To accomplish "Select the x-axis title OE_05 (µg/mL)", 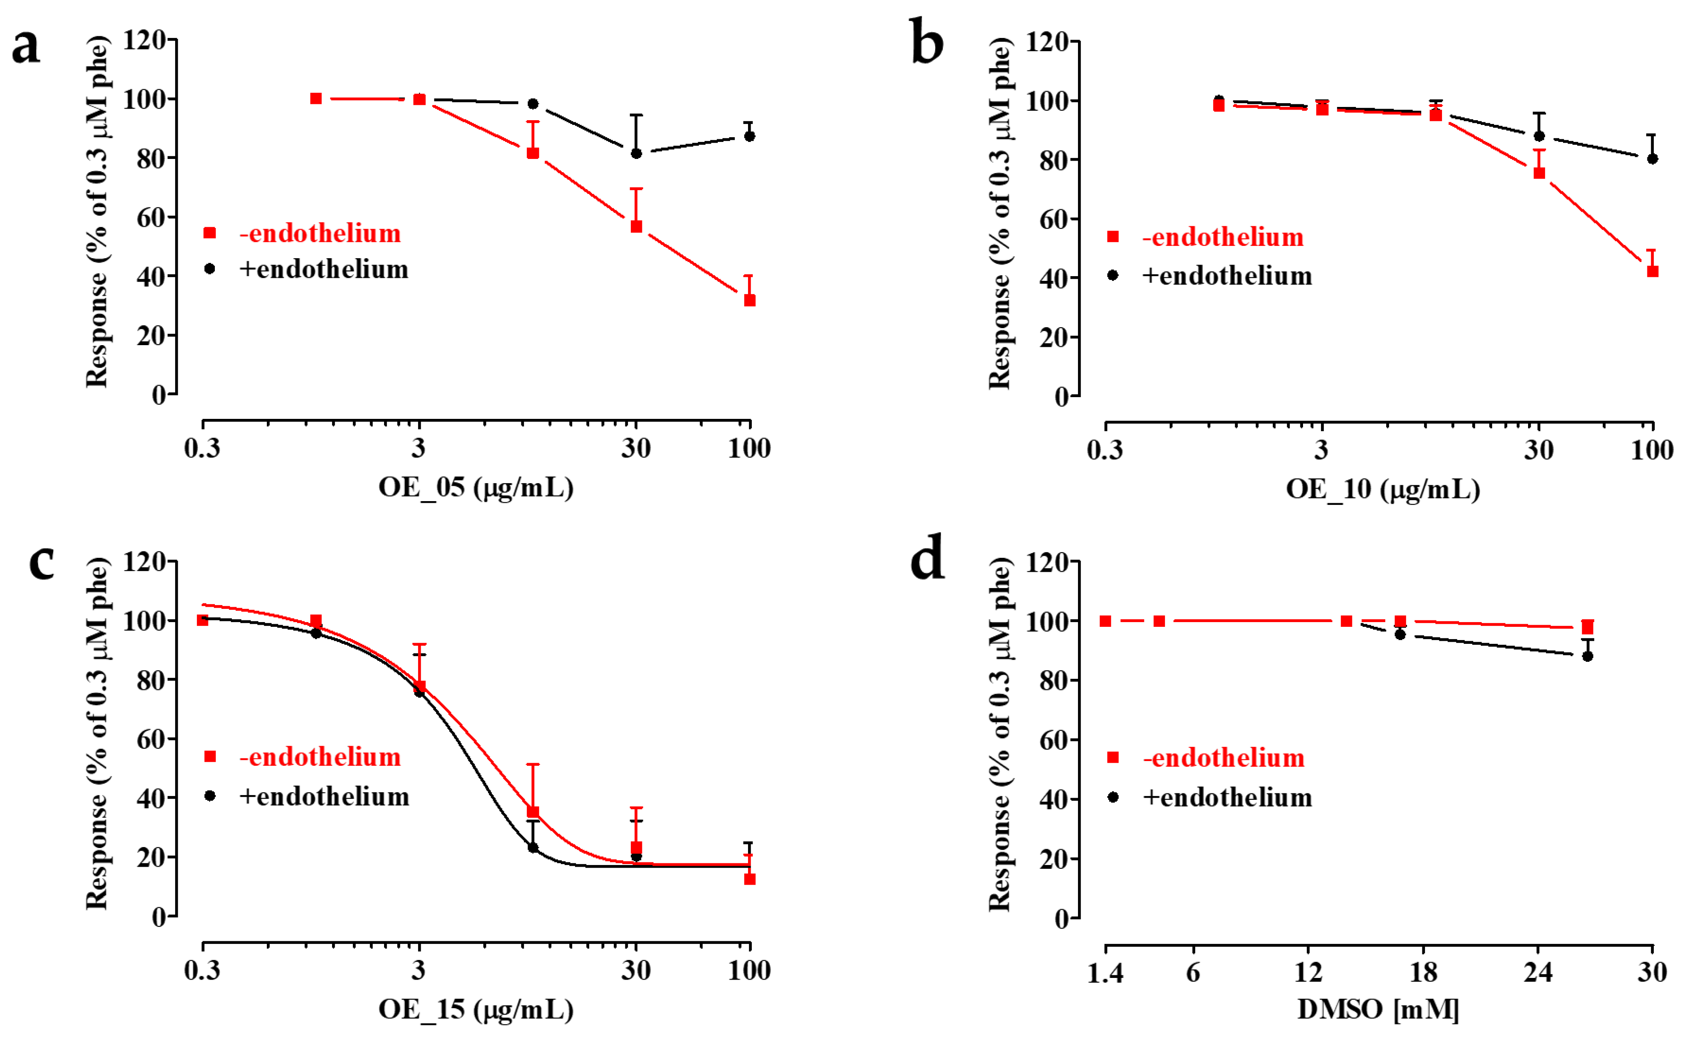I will pos(476,487).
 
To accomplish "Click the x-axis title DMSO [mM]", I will pos(1378,1009).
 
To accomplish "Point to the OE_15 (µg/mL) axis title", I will pos(476,1009).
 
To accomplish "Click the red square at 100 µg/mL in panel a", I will pos(749,300).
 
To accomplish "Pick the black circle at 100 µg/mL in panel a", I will pos(749,136).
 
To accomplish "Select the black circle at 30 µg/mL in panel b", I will pos(1539,136).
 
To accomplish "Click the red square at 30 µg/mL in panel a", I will pos(636,226).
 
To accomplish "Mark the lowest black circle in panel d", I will pos(1587,656).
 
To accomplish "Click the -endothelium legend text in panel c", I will pos(320,757).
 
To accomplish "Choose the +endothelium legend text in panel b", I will pos(1227,276).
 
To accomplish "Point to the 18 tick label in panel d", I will pos(1423,972).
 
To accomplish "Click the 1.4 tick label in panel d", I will pos(1105,972).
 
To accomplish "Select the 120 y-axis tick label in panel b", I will pos(1047,42).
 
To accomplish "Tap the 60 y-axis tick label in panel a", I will pos(151,218).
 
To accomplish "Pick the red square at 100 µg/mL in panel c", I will pos(749,879).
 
